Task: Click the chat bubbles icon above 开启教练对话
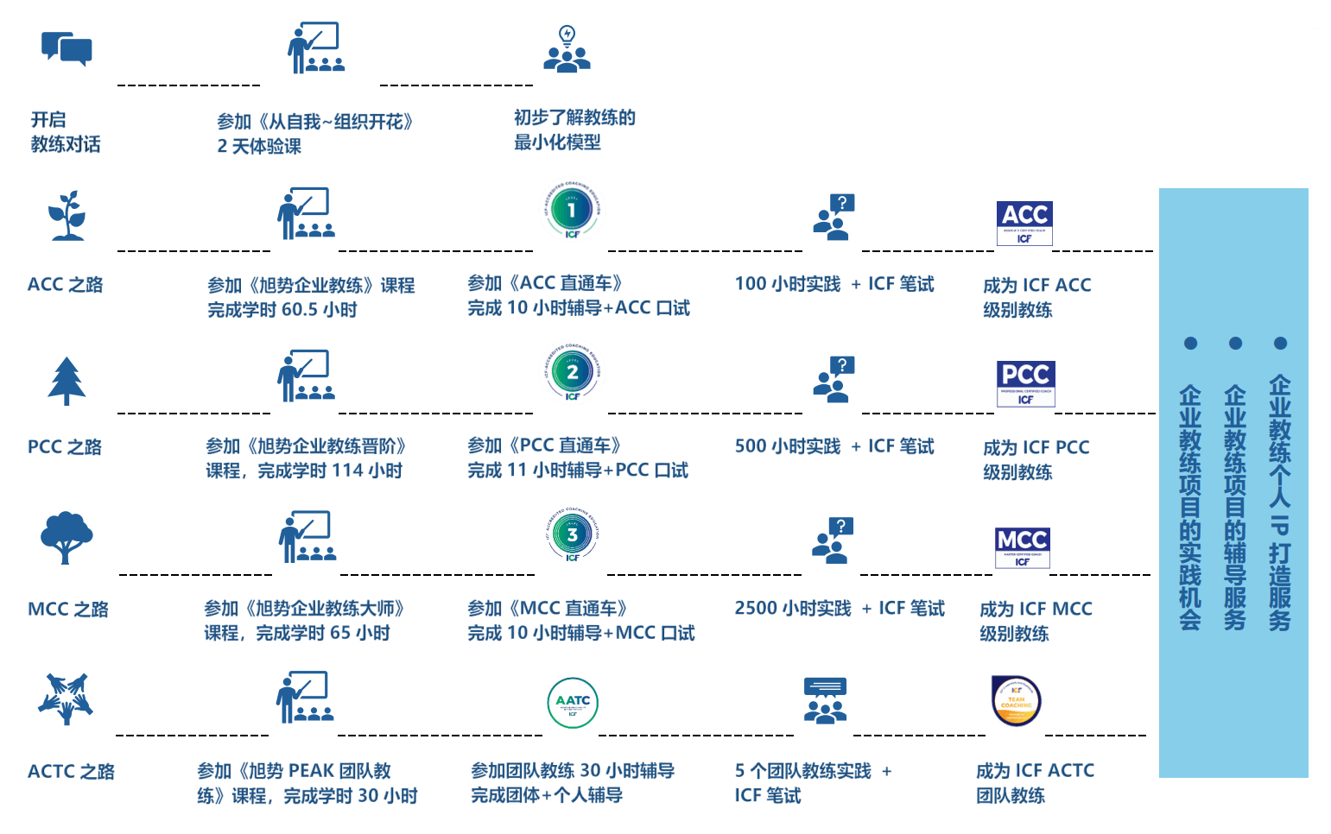coord(67,48)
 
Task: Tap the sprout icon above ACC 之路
coord(67,215)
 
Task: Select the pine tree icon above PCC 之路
coord(67,381)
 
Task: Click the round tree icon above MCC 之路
coord(67,538)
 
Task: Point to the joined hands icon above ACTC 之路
coord(66,698)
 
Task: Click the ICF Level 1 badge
coord(572,210)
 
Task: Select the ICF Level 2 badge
coord(572,372)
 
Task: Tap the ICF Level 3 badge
coord(572,534)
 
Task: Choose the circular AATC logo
coord(573,703)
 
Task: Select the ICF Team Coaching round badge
coord(1017,700)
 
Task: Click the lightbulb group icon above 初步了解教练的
coord(567,49)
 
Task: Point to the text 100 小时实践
coord(787,284)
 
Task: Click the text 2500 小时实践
coord(792,609)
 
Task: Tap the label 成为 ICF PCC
coord(1036,447)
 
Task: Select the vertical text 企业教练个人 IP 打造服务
coord(1279,502)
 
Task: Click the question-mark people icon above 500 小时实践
coord(833,380)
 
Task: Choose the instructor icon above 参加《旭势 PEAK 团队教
coord(305,697)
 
